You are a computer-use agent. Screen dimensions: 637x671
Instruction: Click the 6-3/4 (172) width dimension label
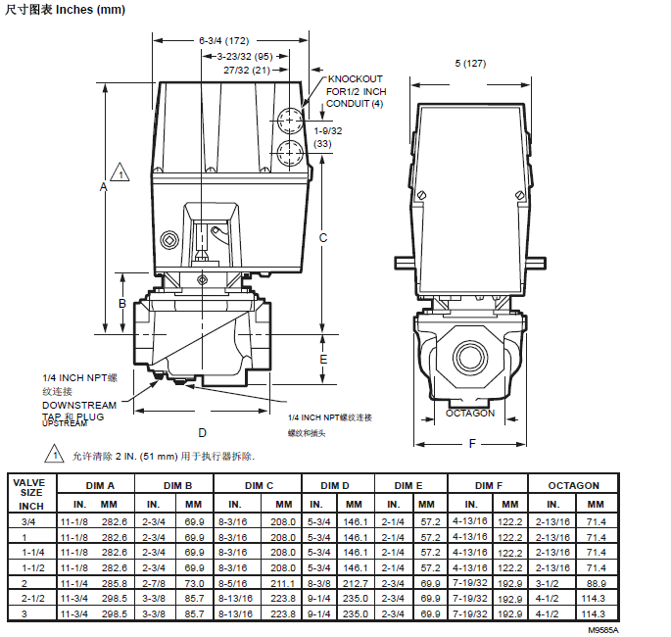coord(224,41)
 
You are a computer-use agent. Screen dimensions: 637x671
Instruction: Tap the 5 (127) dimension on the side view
coord(470,64)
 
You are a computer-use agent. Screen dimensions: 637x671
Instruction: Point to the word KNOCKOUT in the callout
coord(354,79)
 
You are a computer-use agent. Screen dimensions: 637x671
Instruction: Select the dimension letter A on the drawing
coord(103,185)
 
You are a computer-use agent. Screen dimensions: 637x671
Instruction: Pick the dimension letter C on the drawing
coord(323,237)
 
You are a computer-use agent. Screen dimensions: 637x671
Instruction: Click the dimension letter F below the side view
coord(471,444)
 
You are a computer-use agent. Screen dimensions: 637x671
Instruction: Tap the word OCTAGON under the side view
coord(470,413)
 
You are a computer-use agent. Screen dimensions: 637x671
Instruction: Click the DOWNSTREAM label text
coord(79,405)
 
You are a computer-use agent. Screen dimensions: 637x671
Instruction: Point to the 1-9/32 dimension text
coord(328,129)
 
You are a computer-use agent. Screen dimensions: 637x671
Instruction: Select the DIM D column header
coord(334,485)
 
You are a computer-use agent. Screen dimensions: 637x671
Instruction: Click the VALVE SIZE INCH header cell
coord(31,494)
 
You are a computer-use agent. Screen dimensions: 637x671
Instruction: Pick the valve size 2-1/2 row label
coord(31,598)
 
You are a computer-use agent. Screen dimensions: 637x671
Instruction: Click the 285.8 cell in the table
coord(115,582)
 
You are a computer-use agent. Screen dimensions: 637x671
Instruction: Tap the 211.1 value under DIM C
coord(283,582)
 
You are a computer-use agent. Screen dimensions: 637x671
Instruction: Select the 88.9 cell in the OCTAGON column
coord(596,582)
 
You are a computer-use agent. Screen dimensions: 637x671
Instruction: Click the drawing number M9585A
coord(603,630)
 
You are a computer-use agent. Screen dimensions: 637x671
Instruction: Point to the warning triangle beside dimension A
coord(119,173)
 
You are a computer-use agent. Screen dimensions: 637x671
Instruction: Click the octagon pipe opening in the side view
coord(470,354)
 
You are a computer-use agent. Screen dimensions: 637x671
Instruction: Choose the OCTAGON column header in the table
coord(573,485)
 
